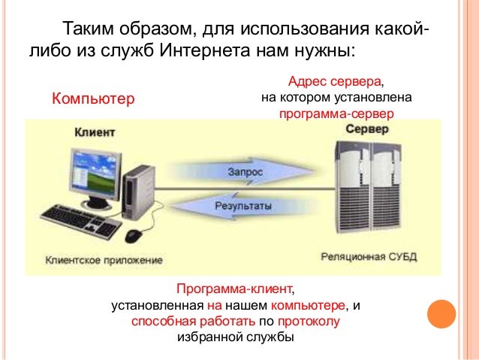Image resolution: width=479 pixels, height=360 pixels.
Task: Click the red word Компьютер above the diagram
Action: (x=91, y=98)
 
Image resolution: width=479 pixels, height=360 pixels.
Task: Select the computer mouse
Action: (x=134, y=235)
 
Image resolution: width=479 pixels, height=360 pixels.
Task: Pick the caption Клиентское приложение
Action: (x=104, y=261)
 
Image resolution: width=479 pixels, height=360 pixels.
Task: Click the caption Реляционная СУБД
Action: (x=368, y=257)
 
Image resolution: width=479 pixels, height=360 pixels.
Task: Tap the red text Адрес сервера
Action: (x=336, y=81)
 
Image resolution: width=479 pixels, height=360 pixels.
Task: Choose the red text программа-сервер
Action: (x=336, y=114)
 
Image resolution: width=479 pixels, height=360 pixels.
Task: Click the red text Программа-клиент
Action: (x=235, y=289)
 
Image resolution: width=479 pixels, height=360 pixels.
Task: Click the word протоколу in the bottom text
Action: (x=309, y=322)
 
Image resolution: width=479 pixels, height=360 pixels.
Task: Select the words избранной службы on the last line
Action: (x=236, y=337)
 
